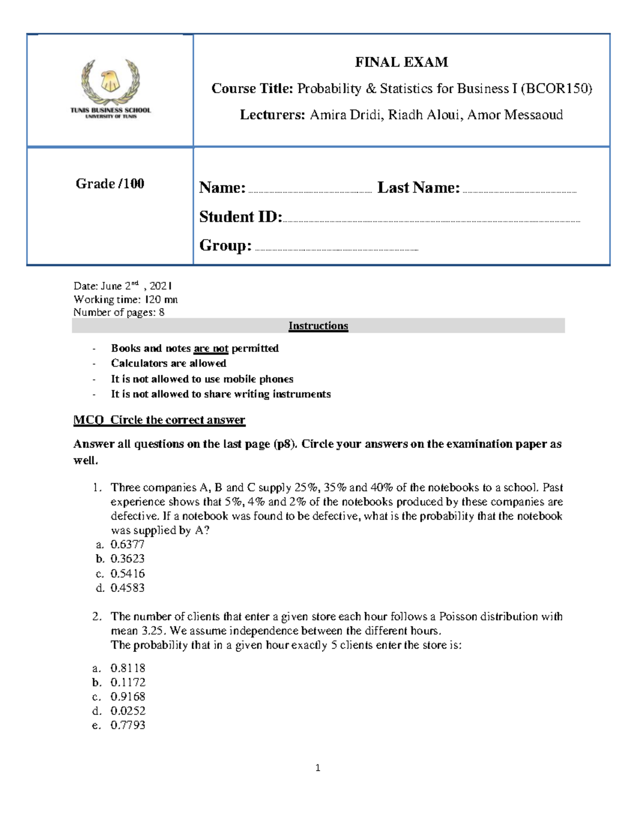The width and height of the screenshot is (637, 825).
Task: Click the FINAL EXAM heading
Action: pyautogui.click(x=401, y=62)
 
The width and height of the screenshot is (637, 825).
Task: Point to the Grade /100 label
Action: pyautogui.click(x=110, y=184)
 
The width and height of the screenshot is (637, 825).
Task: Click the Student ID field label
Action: pyautogui.click(x=240, y=217)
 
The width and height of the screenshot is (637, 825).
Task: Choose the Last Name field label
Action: pyautogui.click(x=418, y=188)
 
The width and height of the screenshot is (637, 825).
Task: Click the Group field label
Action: pyautogui.click(x=225, y=245)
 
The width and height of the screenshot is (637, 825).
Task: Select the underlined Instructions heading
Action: pyautogui.click(x=318, y=326)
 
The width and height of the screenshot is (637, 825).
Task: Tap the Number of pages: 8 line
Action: pyautogui.click(x=119, y=312)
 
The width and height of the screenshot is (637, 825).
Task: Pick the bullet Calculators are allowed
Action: pyautogui.click(x=168, y=363)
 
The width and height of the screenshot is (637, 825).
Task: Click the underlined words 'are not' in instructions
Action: pyautogui.click(x=211, y=348)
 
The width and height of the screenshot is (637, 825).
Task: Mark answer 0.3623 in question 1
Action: pyautogui.click(x=127, y=559)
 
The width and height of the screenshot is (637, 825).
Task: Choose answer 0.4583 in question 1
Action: pyautogui.click(x=127, y=588)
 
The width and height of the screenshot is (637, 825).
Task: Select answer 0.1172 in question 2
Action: pyautogui.click(x=128, y=682)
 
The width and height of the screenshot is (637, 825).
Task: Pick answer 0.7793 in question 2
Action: pyautogui.click(x=128, y=725)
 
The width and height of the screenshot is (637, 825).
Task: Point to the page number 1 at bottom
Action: pyautogui.click(x=317, y=768)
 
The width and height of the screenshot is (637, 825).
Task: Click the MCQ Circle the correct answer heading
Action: pyautogui.click(x=159, y=420)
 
